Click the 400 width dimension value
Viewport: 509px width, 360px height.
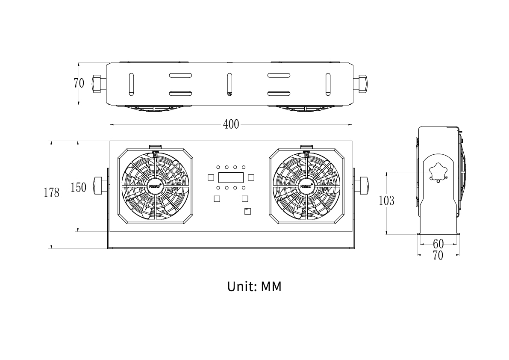[x=231, y=124]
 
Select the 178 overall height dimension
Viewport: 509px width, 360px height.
[x=52, y=193]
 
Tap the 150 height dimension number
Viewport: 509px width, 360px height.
[x=78, y=187]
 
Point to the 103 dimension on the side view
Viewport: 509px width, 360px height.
[x=386, y=201]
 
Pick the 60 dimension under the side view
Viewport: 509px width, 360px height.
[x=438, y=244]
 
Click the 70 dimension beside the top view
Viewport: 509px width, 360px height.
[x=79, y=83]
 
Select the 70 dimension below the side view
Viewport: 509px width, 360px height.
[x=438, y=256]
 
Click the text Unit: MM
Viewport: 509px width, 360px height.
[x=254, y=286]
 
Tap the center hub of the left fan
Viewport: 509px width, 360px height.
[x=156, y=186]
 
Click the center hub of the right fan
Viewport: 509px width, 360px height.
[x=306, y=186]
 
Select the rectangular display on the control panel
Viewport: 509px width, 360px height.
[x=231, y=177]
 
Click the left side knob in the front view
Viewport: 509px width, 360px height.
[x=99, y=185]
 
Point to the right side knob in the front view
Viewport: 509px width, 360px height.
[x=364, y=185]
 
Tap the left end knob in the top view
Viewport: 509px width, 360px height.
[x=96, y=83]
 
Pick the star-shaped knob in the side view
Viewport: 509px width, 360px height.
[x=438, y=171]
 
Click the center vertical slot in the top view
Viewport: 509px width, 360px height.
[x=229, y=84]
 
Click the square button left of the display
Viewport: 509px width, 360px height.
[x=211, y=177]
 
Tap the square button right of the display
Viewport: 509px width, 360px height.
[x=251, y=177]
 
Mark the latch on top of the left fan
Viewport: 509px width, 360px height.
[x=156, y=148]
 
